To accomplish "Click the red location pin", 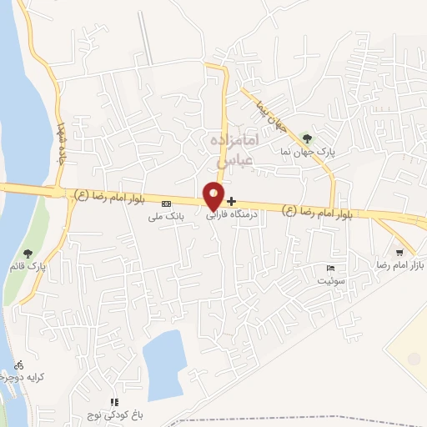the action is [x=213, y=195].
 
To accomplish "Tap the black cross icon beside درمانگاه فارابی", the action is [x=231, y=201].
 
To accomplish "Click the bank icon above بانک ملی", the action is [x=166, y=203].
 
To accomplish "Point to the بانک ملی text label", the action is [x=165, y=217].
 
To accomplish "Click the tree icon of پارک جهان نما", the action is [x=307, y=138].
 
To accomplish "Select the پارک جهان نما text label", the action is [x=308, y=153].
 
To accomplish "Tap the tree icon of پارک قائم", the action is [x=28, y=254].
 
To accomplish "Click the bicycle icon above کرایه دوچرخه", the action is [x=19, y=364].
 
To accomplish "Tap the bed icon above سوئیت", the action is [x=331, y=269].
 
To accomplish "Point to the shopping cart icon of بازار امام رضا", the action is [x=400, y=252].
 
